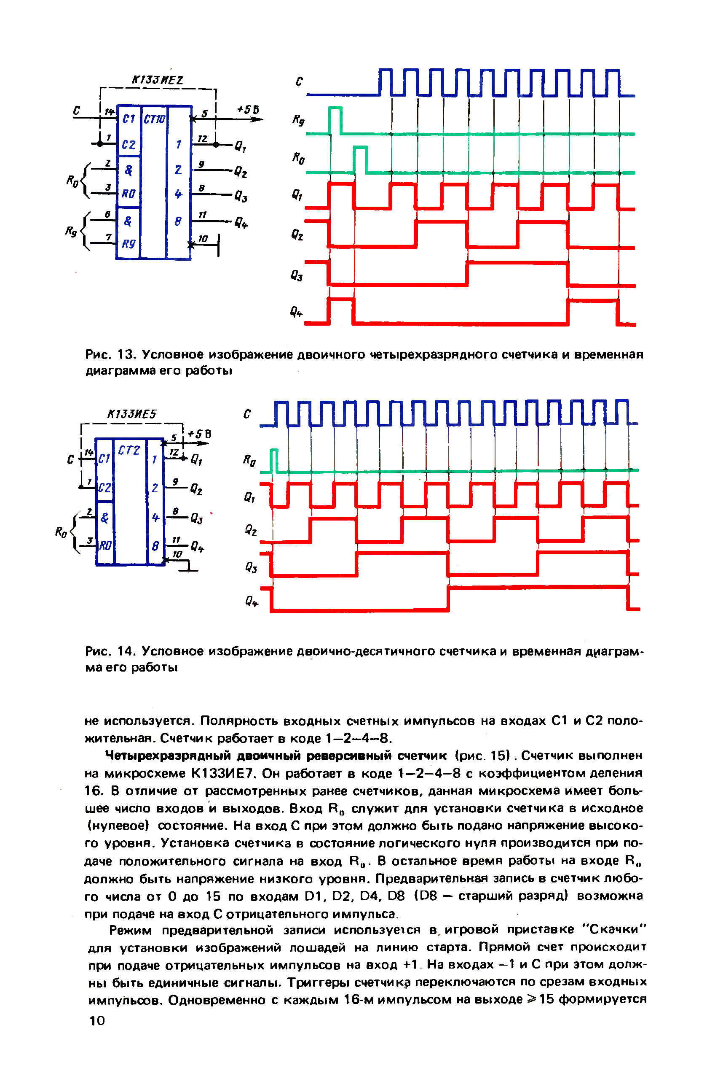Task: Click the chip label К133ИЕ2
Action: click(x=157, y=80)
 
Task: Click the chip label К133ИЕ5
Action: click(x=132, y=414)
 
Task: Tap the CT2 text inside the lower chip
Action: click(x=129, y=451)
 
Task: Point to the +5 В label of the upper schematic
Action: click(x=248, y=110)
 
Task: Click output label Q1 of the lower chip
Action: click(x=196, y=460)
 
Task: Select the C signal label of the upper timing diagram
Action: click(x=299, y=82)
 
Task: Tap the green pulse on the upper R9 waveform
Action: click(x=335, y=119)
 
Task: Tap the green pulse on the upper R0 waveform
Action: click(x=360, y=159)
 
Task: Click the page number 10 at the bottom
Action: click(x=97, y=1020)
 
